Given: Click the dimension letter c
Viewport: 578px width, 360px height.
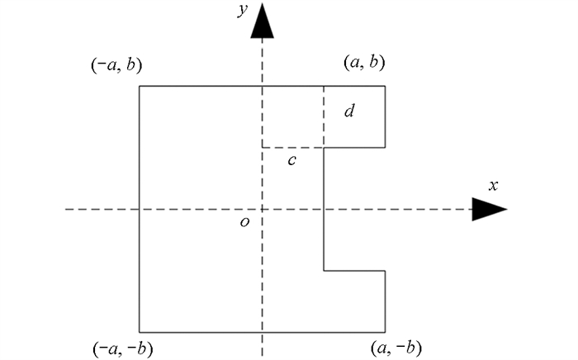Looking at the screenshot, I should [x=292, y=160].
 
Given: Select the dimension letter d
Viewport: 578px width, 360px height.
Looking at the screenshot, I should [x=349, y=110].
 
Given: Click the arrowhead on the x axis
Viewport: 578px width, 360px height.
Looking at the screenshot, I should [x=489, y=210].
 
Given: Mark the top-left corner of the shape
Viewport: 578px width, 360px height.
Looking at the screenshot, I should [x=139, y=86].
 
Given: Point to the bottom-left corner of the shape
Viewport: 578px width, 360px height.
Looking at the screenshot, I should [x=139, y=332].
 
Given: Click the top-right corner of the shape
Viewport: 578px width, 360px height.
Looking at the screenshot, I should [x=385, y=86].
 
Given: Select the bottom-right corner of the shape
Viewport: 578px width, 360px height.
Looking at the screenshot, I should [x=385, y=332].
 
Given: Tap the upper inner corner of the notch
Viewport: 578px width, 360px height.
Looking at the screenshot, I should [x=324, y=148].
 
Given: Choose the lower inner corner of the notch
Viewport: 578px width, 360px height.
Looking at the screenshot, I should [x=324, y=270].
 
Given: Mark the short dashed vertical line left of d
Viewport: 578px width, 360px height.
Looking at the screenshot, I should [x=324, y=116].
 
